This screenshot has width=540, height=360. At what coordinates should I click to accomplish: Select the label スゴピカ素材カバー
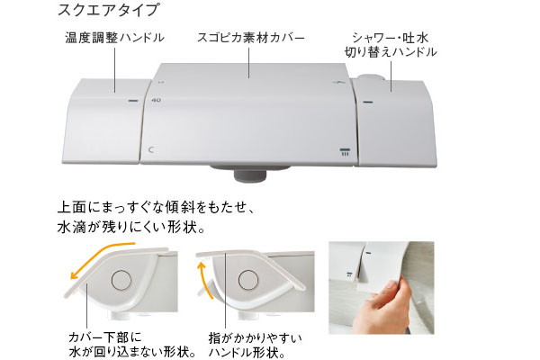pos(250,38)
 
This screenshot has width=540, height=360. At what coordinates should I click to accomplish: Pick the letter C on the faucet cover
pos(152,149)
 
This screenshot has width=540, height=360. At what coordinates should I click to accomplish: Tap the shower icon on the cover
pos(343,151)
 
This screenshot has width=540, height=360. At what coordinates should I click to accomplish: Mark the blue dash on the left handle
pos(131,100)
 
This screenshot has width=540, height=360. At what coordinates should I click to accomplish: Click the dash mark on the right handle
pos(367,103)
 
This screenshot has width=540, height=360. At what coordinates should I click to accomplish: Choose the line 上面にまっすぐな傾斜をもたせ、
pos(157,202)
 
